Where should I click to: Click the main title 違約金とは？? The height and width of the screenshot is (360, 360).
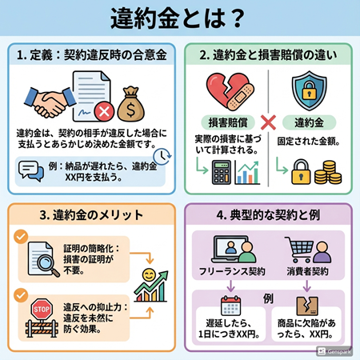[x=179, y=18]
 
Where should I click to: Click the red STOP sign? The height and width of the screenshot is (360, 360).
[x=40, y=310]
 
